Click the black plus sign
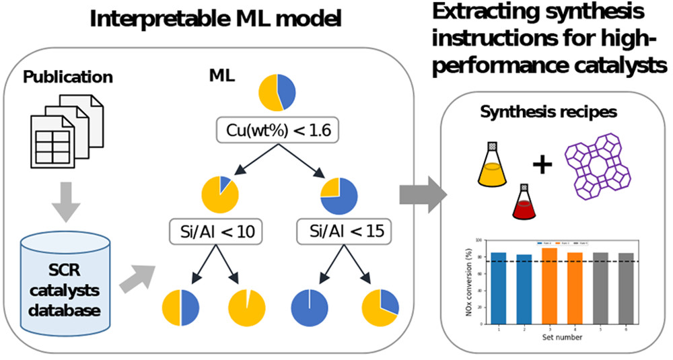click(x=542, y=164)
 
